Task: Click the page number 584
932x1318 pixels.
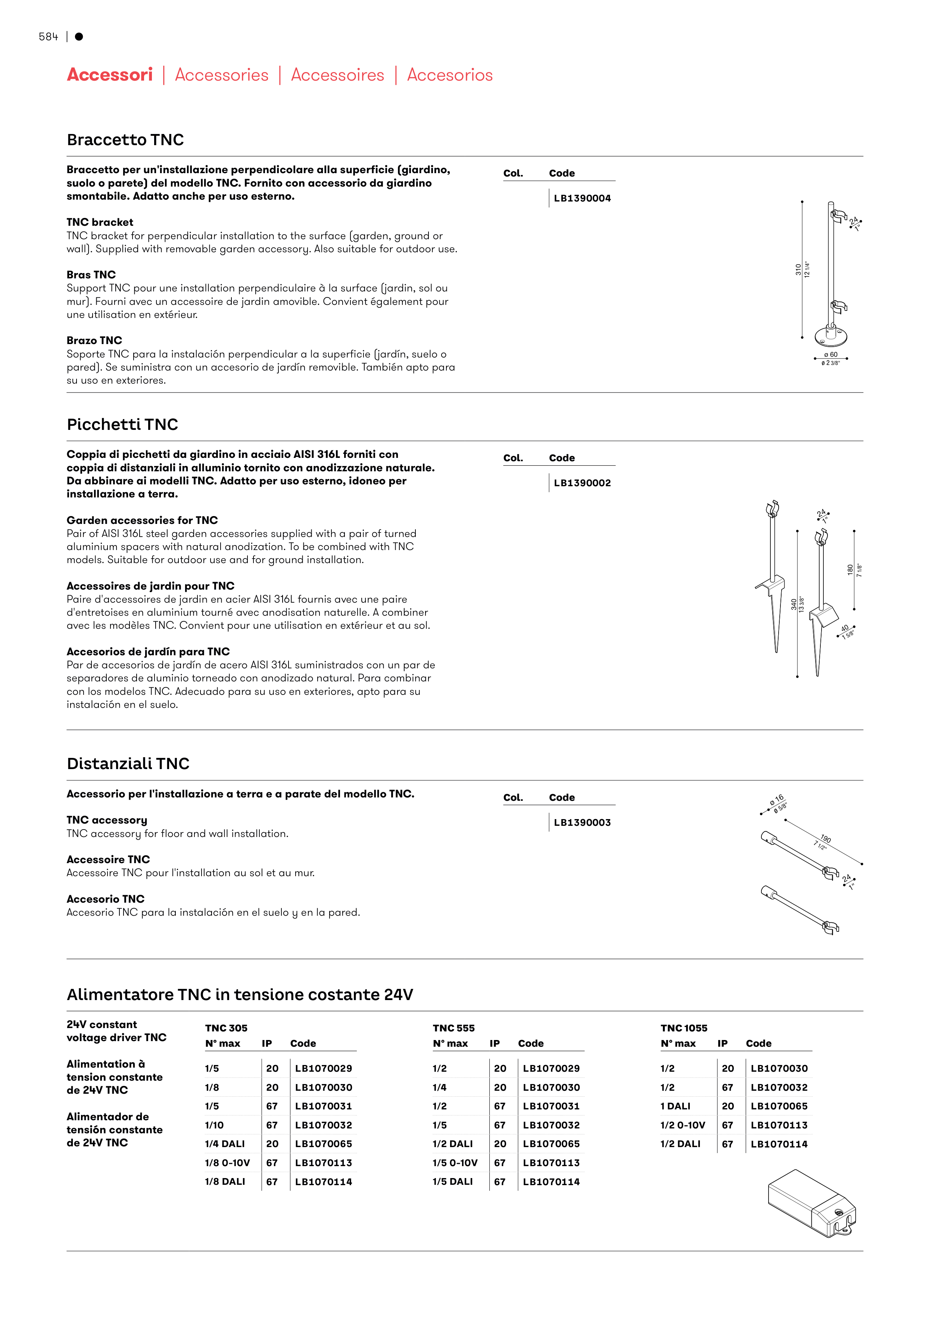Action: [x=48, y=37]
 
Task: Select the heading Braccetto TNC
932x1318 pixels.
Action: [x=125, y=140]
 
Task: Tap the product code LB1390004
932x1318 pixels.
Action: [x=582, y=198]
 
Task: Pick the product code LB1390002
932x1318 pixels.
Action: [x=582, y=483]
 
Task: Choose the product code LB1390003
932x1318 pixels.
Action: [x=582, y=822]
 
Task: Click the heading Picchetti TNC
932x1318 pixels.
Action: [x=122, y=424]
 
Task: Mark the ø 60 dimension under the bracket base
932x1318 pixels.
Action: [x=830, y=355]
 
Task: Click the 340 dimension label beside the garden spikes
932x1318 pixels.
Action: [x=794, y=604]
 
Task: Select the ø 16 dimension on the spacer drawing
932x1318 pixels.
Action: [x=777, y=800]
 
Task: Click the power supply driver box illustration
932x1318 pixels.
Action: [x=811, y=1202]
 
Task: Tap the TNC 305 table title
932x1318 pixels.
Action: [x=226, y=1028]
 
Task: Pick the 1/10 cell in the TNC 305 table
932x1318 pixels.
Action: [x=214, y=1125]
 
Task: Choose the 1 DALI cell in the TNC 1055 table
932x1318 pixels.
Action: [x=675, y=1106]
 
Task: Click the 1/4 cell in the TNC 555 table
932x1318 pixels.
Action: [x=439, y=1087]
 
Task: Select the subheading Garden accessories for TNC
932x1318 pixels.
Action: [x=142, y=520]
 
